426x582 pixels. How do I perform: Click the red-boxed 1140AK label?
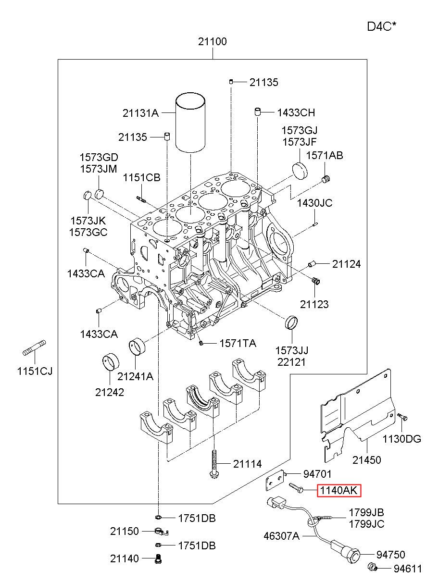[338, 491]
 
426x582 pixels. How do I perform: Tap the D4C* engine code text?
[382, 26]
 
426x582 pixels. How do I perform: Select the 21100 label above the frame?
[213, 41]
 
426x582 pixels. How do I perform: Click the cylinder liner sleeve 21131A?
[190, 123]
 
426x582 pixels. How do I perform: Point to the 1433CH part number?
[296, 113]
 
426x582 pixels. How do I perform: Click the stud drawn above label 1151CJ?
[34, 348]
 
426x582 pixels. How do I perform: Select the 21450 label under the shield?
[367, 460]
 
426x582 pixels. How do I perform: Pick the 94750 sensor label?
[391, 555]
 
